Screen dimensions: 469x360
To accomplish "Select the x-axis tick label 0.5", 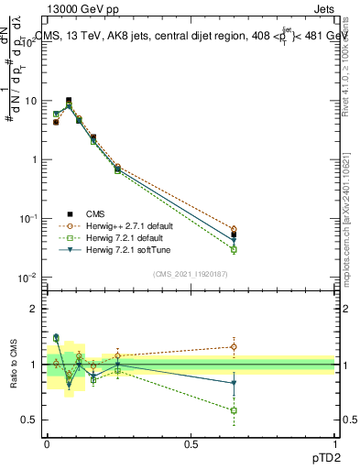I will point(191,444).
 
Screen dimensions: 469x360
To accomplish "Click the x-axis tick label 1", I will point(334,444).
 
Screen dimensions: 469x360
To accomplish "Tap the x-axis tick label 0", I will point(47,444).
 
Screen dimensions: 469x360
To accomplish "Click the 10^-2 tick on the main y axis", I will point(28,278).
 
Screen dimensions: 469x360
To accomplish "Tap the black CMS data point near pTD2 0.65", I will point(234,234).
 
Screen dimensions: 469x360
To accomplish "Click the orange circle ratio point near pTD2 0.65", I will point(234,347).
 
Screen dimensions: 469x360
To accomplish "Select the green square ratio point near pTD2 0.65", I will point(234,410).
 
